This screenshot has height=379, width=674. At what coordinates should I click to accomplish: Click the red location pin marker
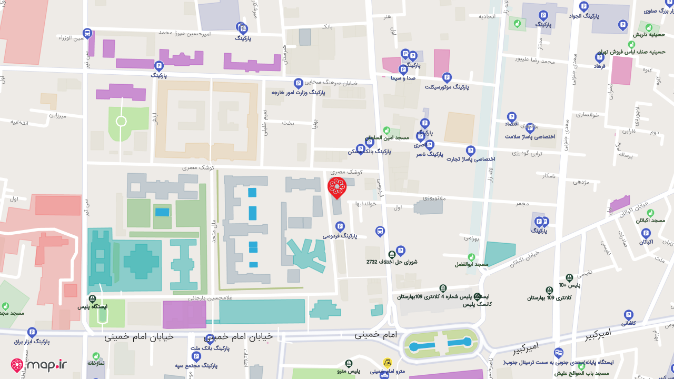[x=336, y=187]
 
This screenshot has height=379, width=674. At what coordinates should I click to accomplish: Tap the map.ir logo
[x=39, y=365]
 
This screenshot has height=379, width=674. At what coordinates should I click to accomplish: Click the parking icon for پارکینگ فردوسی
[x=340, y=226]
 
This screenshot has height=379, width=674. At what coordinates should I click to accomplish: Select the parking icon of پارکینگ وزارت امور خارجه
[x=298, y=83]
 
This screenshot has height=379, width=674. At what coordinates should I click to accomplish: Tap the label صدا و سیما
[x=403, y=78]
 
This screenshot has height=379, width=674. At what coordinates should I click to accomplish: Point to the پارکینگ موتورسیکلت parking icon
[x=447, y=77]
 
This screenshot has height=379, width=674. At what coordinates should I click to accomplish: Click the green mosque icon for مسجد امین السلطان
[x=386, y=130]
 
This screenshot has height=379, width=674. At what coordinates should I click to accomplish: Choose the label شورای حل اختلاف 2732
[x=392, y=262]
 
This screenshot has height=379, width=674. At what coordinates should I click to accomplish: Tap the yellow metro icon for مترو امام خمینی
[x=387, y=363]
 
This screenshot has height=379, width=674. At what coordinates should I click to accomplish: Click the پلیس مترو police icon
[x=349, y=364]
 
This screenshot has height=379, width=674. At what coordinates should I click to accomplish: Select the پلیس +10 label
[x=569, y=285]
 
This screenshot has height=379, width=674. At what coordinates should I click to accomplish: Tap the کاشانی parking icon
[x=628, y=314]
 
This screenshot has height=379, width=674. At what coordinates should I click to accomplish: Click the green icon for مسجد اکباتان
[x=650, y=213]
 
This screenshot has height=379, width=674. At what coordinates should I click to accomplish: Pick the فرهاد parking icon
[x=599, y=57]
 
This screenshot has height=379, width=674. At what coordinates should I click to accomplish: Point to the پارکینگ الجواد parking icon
[x=583, y=7]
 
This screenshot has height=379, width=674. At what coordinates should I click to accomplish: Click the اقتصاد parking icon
[x=511, y=117]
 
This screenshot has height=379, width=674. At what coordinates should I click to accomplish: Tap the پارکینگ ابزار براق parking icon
[x=32, y=332]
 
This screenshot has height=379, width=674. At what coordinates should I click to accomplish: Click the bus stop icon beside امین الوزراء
[x=87, y=34]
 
